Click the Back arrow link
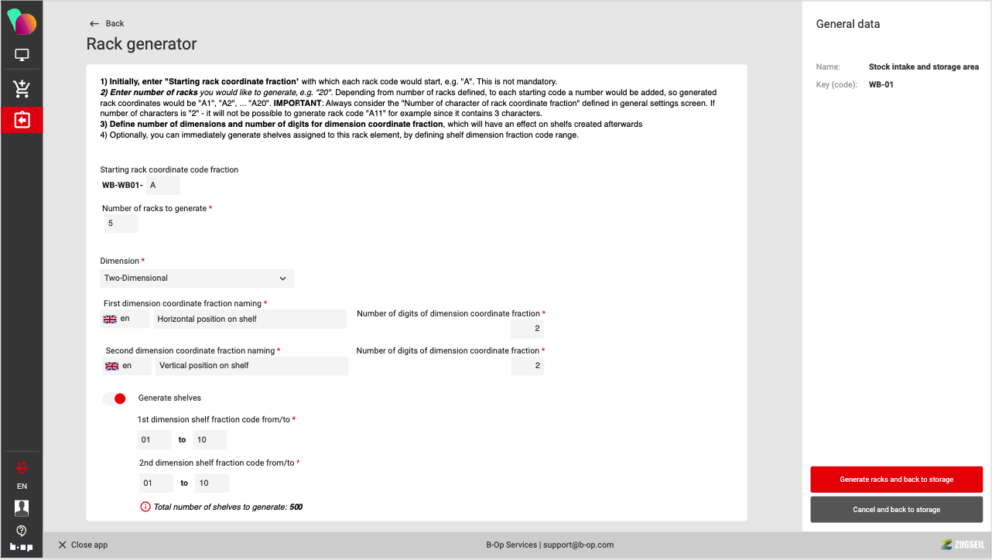coord(107,23)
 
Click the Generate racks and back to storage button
coord(896,480)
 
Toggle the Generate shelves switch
coord(115,398)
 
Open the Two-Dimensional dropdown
coord(197,278)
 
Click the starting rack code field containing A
coord(162,185)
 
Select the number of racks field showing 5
coord(121,224)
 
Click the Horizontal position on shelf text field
coord(249,319)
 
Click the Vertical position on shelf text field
coord(251,366)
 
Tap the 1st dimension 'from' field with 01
coord(154,440)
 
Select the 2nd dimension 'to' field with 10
coord(211,483)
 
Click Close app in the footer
coord(83,545)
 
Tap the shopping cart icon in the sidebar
coord(22,88)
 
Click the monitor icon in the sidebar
coord(22,55)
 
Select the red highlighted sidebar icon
coord(22,120)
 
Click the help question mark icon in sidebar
coord(22,531)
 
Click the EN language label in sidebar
coord(22,487)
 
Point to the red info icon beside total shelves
coord(145,507)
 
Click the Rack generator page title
coord(142,44)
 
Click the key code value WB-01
coord(881,84)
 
